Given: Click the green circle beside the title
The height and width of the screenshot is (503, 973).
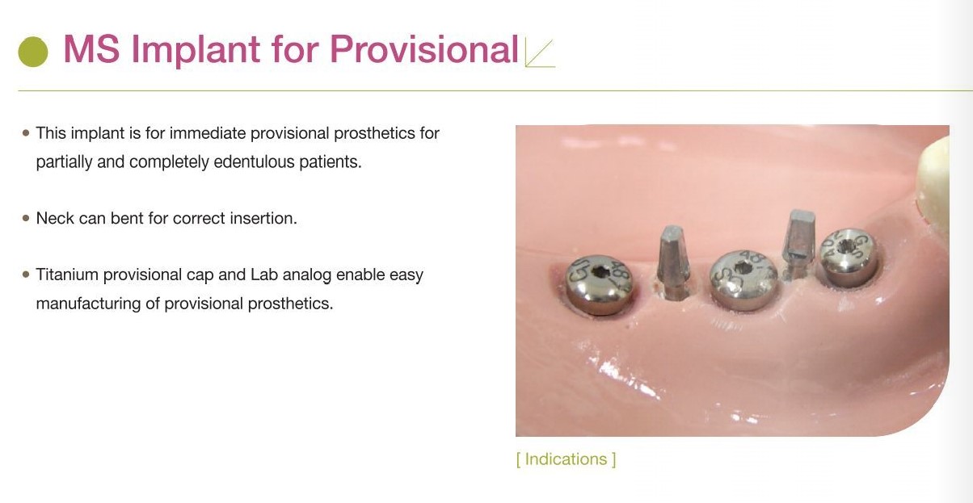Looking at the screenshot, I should coord(33,52).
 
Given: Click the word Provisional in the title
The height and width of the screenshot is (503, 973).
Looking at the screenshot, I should coord(423,49).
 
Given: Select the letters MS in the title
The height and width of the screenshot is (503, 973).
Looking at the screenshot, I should coord(91,49).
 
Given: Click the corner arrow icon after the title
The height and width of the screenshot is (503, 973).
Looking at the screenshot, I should coord(540,52).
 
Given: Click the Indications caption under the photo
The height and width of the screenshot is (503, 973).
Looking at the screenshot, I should coord(566,459).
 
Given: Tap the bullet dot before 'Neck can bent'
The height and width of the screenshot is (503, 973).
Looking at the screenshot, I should coord(27,218).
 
